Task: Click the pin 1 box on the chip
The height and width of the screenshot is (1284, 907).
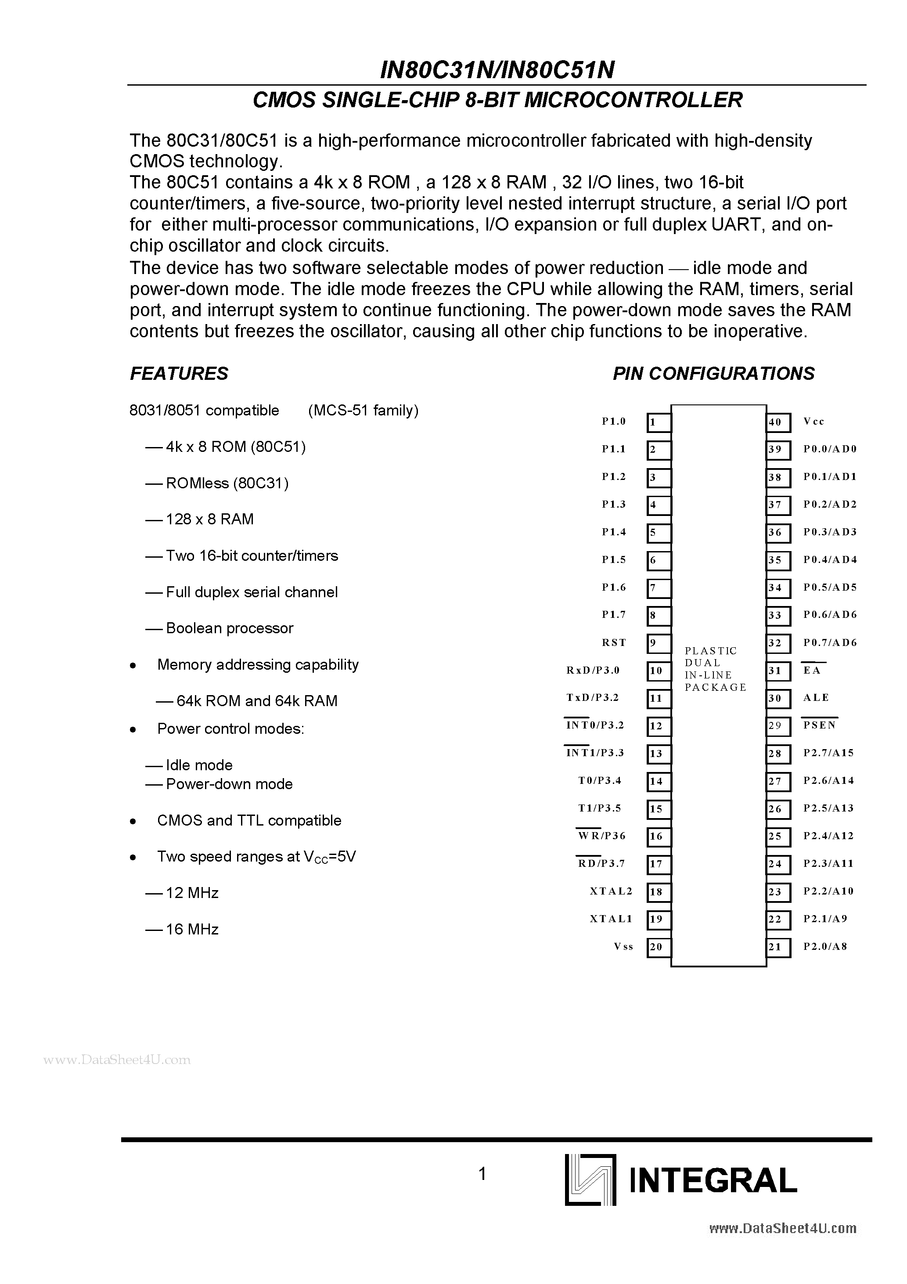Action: coord(659,423)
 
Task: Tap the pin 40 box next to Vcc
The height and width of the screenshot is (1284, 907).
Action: coord(778,423)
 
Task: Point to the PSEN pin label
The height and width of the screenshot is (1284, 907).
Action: coord(819,725)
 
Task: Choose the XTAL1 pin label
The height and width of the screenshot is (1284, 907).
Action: coord(611,918)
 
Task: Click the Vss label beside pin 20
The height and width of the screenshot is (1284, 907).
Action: coord(623,946)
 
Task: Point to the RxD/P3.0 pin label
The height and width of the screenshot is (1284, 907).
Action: coord(593,670)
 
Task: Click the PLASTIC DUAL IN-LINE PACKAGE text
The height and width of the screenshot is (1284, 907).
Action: coord(715,669)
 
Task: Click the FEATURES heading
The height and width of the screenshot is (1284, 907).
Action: coord(179,374)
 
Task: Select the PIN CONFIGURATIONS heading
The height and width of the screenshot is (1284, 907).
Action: coord(713,374)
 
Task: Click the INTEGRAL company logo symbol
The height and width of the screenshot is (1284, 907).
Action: coord(590,1180)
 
